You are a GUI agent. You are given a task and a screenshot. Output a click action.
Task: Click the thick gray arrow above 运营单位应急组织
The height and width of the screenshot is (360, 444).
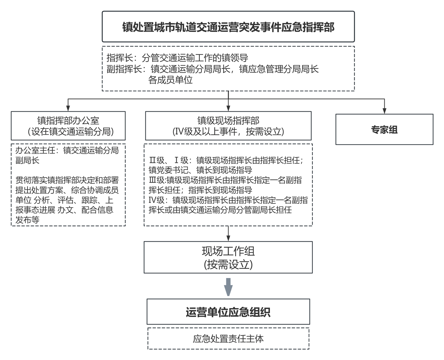point(228,287)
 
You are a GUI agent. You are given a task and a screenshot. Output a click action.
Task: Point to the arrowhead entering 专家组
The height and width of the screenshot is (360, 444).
point(384,111)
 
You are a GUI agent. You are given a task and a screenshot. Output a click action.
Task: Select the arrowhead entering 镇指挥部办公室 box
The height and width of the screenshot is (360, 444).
point(68,109)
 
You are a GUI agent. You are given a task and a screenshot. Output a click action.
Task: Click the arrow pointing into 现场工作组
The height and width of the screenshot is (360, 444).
point(228,234)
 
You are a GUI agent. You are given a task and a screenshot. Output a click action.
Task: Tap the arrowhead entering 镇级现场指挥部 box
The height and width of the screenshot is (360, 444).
point(228,109)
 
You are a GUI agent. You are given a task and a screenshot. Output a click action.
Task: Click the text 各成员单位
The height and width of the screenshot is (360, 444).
point(170,80)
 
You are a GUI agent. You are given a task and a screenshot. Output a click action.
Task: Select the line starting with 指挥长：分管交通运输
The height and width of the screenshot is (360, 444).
point(177,58)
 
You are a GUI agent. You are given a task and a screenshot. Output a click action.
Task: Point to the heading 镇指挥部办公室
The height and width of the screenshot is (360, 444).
point(68,120)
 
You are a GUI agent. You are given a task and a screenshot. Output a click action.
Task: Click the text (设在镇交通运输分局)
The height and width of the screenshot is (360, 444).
point(71,131)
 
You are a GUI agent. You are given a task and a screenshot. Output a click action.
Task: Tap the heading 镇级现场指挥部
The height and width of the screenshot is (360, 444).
point(228,120)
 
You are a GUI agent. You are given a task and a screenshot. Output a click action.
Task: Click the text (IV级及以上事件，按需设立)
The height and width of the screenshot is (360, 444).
point(228,131)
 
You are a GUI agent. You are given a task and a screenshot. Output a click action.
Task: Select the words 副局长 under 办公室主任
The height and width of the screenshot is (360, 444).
point(27,160)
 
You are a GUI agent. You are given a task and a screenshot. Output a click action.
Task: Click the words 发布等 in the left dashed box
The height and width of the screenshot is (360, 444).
point(27,220)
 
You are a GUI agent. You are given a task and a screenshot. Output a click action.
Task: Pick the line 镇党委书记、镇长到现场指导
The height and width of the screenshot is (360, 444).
point(200,170)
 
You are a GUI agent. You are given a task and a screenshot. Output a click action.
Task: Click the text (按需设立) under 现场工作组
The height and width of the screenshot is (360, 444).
point(228,264)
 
